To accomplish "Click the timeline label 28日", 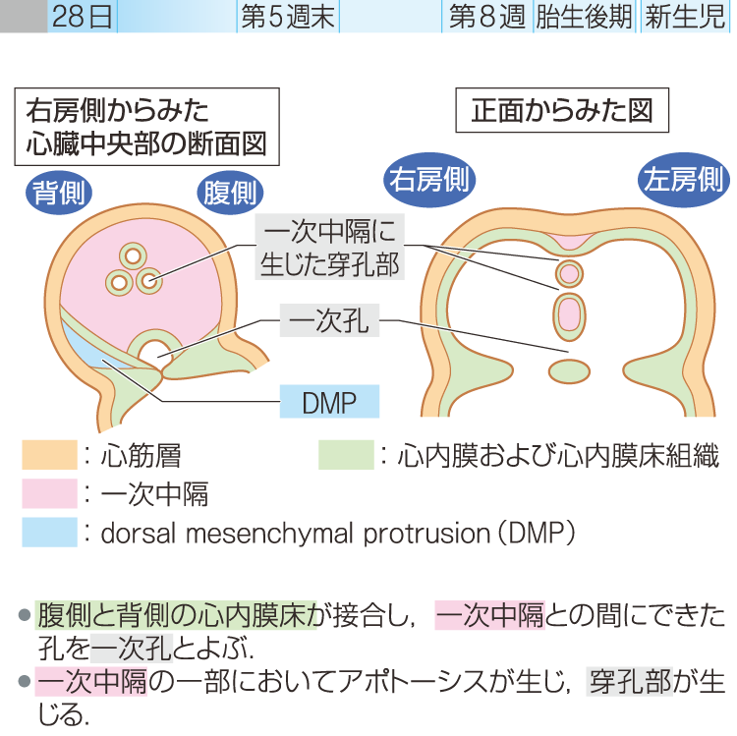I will click(x=84, y=18).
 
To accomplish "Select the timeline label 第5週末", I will click(x=288, y=18).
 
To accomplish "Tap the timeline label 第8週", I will click(x=486, y=18).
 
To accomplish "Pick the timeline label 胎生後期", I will click(x=584, y=18).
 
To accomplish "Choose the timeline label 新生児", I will click(x=685, y=18).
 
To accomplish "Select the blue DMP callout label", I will click(x=329, y=401).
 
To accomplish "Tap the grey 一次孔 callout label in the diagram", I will click(x=329, y=320).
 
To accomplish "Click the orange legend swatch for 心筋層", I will click(x=49, y=455).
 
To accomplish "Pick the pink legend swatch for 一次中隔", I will click(x=49, y=492).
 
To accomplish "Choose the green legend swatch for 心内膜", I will click(x=346, y=455).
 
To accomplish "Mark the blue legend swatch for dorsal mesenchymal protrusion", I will click(x=49, y=532).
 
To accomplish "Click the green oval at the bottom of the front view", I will click(x=567, y=371).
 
